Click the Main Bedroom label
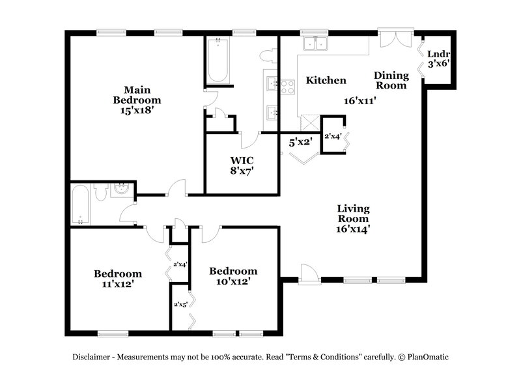tap(137, 100)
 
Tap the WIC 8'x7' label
tap(242, 165)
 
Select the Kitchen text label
tap(326, 81)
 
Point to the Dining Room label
tap(391, 80)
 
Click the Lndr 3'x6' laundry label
tap(439, 59)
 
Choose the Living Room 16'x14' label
tap(354, 218)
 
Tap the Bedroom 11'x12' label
tap(117, 278)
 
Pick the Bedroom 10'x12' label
tap(232, 275)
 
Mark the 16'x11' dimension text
tap(361, 100)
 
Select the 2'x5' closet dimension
tap(180, 304)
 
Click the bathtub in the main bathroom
tap(217, 61)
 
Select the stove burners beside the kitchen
tap(287, 87)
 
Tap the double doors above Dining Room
tap(397, 38)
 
